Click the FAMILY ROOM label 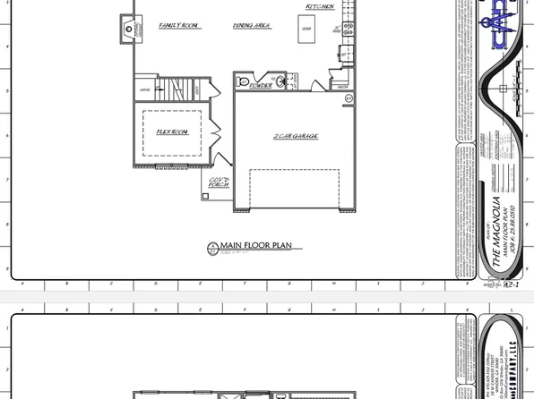pos(179,26)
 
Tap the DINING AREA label pos(252,26)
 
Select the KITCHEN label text pos(320,6)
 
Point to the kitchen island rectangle pos(306,30)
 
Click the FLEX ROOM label pos(172,132)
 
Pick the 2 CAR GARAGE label pos(296,136)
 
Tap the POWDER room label pos(261,87)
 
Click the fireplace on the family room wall pos(129,29)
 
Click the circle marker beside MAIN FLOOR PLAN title pos(213,248)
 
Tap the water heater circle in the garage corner pos(348,97)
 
